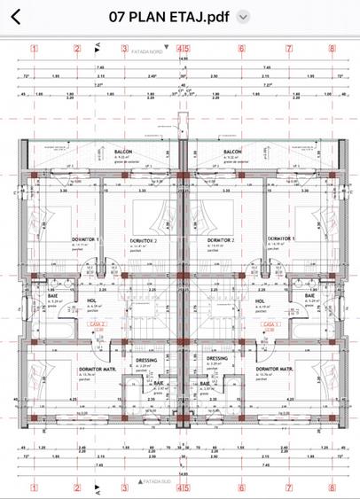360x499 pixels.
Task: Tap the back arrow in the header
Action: point(16,16)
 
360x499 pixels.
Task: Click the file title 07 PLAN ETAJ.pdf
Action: point(168,16)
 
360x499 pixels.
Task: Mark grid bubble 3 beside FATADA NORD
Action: point(125,50)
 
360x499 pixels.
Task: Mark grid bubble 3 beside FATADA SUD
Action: point(125,487)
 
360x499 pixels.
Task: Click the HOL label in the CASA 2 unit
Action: point(91,300)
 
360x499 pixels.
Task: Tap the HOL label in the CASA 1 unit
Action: point(260,300)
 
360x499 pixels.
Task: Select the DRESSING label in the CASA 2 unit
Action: point(146,359)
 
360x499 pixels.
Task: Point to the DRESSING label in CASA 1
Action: point(217,359)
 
